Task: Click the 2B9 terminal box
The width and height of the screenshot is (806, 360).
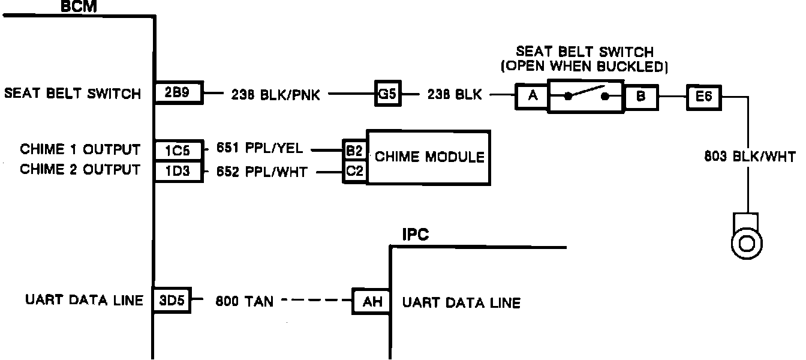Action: click(179, 94)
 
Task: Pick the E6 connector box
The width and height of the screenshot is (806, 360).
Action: click(703, 96)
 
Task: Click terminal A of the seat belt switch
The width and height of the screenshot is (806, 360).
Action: click(531, 96)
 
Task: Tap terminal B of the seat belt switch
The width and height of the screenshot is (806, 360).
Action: click(640, 96)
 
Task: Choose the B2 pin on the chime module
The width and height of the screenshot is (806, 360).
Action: click(354, 149)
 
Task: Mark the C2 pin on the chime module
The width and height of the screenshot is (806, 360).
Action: click(354, 172)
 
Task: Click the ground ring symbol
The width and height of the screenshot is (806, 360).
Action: click(747, 243)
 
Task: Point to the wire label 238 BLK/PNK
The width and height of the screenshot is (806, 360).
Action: click(275, 95)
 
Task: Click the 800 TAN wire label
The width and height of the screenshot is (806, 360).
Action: click(244, 301)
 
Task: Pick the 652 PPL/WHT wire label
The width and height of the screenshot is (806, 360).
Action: click(261, 172)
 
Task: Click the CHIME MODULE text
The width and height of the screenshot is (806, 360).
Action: click(429, 157)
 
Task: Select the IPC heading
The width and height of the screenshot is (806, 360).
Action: click(416, 235)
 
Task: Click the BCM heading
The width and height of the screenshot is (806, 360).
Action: click(79, 7)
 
